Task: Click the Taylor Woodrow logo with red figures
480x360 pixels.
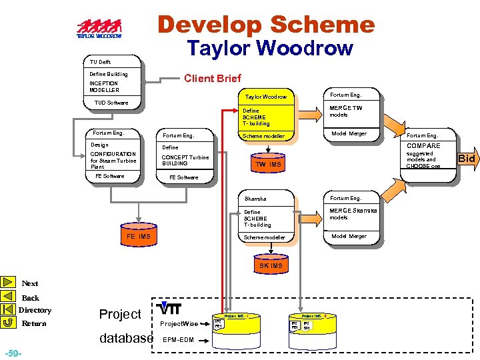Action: click(99, 29)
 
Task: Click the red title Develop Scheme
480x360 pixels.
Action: click(266, 25)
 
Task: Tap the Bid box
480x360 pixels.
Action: click(465, 159)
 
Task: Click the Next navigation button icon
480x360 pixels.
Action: click(9, 283)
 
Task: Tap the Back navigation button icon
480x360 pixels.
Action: click(9, 297)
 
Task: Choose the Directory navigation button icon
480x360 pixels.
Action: click(9, 309)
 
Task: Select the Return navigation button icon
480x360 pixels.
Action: click(9, 323)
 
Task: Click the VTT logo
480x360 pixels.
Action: click(171, 309)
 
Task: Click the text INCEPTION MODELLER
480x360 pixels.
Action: click(105, 87)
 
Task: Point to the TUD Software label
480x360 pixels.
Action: click(111, 103)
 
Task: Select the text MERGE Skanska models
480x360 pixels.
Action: click(353, 213)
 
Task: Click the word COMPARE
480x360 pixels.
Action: click(423, 146)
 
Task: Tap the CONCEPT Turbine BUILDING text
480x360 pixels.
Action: click(185, 160)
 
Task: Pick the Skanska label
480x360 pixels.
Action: click(255, 199)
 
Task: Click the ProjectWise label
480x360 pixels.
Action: click(179, 324)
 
